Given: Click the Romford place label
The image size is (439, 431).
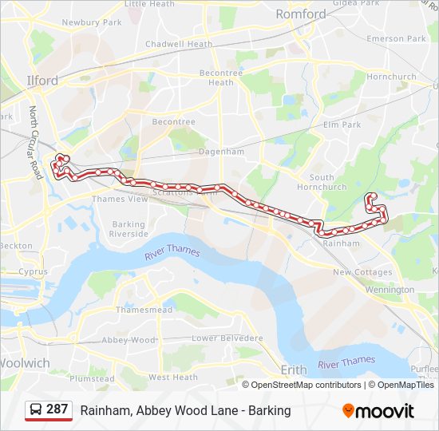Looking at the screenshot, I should point(300,14).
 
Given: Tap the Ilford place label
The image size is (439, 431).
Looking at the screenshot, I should point(42,81).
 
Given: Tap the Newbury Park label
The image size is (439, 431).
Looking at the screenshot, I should point(92,22).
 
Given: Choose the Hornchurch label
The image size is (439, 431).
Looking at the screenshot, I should point(392,77).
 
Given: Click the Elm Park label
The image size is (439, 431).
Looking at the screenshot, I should point(342,125).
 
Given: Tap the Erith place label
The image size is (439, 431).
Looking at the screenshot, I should point(294,369).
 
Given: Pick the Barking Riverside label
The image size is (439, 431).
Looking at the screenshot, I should point(129,229).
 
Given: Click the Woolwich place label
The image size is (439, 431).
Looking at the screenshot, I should point(25,363).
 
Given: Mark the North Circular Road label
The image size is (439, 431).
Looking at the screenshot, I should point(35,143).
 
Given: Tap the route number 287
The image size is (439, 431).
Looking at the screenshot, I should point(57,409).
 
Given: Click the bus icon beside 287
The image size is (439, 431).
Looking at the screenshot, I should point(36,410).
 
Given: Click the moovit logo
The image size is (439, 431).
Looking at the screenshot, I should point(378,411).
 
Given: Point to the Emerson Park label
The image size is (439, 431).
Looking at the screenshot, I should point(396,38).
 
